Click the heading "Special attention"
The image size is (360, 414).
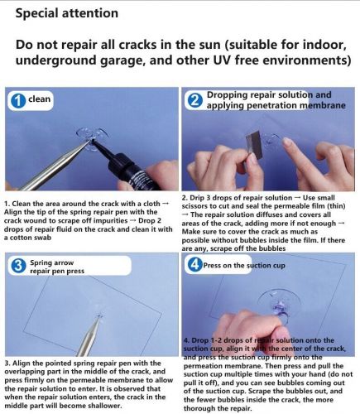pyautogui.click(x=67, y=13)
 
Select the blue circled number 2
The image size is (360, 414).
pyautogui.click(x=194, y=101)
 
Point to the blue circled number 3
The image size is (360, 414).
pyautogui.click(x=18, y=266)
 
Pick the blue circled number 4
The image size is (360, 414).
pyautogui.click(x=194, y=265)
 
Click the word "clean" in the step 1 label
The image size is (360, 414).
pyautogui.click(x=39, y=99)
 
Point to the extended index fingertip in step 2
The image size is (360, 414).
pyautogui.click(x=288, y=142)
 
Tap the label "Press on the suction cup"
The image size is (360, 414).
pyautogui.click(x=244, y=266)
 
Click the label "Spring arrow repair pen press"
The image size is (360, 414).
pyautogui.click(x=57, y=267)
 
